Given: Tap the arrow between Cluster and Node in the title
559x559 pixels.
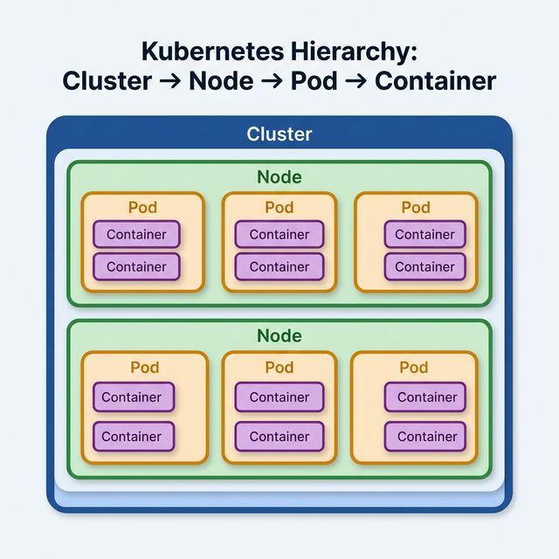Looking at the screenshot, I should [x=169, y=82].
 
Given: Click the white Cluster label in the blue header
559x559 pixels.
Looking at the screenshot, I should [x=279, y=135].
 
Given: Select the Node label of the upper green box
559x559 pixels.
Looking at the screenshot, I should [x=279, y=177].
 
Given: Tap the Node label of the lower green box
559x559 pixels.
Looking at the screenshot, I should [x=279, y=335].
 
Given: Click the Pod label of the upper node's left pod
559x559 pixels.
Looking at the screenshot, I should [x=143, y=208].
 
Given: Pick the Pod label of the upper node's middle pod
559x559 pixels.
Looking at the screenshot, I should [x=279, y=208].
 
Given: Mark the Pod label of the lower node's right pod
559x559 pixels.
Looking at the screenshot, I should [x=415, y=367].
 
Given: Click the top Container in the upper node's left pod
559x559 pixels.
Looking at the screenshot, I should [x=136, y=234].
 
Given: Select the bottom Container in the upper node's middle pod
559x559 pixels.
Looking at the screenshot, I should [x=279, y=266].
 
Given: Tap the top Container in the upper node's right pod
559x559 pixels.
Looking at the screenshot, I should [x=425, y=234].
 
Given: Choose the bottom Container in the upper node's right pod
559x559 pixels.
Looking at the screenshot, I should [x=425, y=266].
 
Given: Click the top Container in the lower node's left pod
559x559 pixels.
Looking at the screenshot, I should [x=133, y=397].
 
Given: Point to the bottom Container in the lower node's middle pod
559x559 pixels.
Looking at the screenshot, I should [x=279, y=436].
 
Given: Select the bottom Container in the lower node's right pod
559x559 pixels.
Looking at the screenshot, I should [x=427, y=436].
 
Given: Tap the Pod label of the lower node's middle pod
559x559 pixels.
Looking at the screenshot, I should [x=279, y=367].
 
